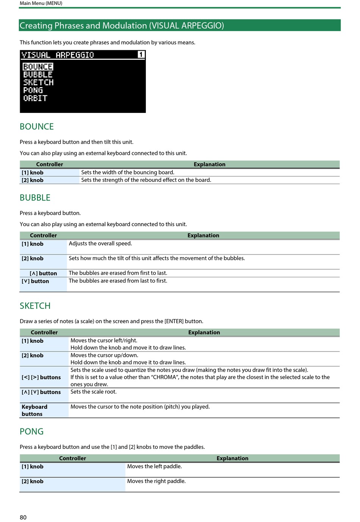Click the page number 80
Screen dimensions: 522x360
[23, 517]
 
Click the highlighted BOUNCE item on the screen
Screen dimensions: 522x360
[38, 67]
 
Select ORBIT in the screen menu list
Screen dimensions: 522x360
[35, 98]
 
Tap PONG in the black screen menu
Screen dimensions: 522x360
[33, 90]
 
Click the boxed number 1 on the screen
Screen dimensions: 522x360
[141, 55]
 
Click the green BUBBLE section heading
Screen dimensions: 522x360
[35, 198]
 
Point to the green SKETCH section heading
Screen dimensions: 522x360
[35, 306]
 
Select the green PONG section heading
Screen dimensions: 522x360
[31, 431]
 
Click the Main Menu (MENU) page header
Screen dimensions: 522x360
[41, 3]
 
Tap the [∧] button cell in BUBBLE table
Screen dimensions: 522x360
[43, 274]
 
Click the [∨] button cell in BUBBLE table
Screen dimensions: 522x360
[35, 281]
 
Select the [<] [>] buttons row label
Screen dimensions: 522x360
[41, 377]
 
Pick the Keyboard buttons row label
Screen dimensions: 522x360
[34, 410]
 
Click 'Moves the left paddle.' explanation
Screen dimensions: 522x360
[155, 466]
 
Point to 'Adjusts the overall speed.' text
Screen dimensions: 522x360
[100, 244]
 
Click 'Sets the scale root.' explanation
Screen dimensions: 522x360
[94, 392]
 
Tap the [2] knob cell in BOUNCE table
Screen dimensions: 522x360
[33, 180]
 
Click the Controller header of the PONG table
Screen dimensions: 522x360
[72, 458]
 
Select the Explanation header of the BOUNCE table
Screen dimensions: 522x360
[209, 164]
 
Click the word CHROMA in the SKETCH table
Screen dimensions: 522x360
[165, 377]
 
